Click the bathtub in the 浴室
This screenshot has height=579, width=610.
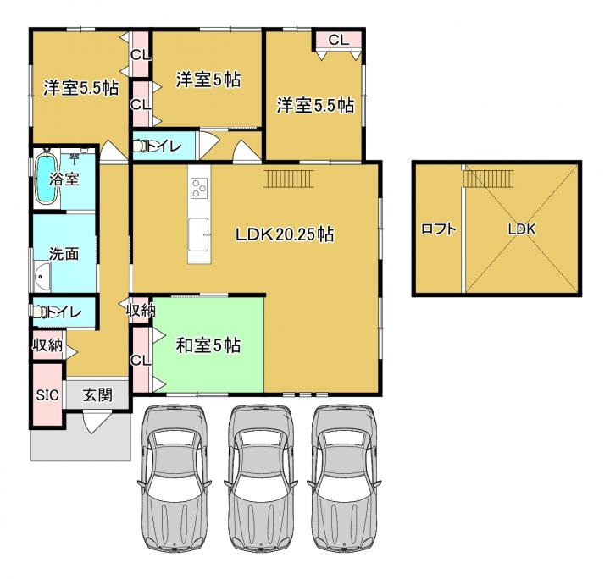pyautogui.click(x=47, y=178)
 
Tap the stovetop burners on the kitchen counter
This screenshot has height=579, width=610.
pyautogui.click(x=199, y=188)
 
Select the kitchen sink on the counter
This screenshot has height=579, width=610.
pyautogui.click(x=199, y=234)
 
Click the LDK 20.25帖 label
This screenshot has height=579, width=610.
pyautogui.click(x=285, y=234)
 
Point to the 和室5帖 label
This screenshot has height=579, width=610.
pyautogui.click(x=208, y=345)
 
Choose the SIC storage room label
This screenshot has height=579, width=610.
pyautogui.click(x=47, y=395)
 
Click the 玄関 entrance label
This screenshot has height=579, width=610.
pyautogui.click(x=97, y=395)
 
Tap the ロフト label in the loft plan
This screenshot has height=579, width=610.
pyautogui.click(x=439, y=229)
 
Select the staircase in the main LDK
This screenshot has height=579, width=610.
pyautogui.click(x=288, y=179)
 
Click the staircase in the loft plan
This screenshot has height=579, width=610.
pyautogui.click(x=489, y=179)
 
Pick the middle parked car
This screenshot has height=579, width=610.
pyautogui.click(x=258, y=478)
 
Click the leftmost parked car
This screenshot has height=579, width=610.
pyautogui.click(x=174, y=478)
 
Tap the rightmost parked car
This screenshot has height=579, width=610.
pyautogui.click(x=344, y=478)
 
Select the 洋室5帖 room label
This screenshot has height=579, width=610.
pyautogui.click(x=208, y=80)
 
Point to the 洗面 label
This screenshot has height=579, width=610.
pyautogui.click(x=64, y=254)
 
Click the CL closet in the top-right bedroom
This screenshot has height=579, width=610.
pyautogui.click(x=338, y=40)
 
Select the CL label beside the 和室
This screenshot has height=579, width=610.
pyautogui.click(x=141, y=361)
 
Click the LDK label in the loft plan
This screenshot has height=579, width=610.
pyautogui.click(x=522, y=229)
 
